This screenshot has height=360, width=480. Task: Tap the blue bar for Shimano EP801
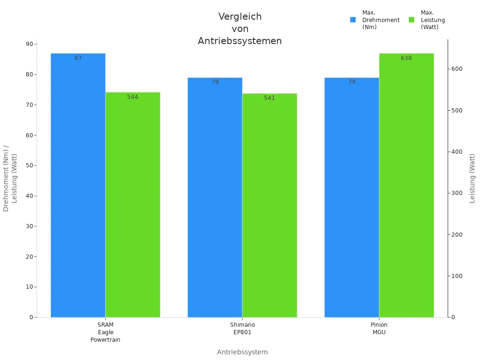click(215, 197)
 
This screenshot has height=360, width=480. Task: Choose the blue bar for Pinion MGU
click(352, 197)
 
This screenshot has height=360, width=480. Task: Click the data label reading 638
click(406, 58)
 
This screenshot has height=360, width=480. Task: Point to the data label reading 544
click(133, 97)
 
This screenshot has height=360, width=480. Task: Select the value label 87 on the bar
click(78, 58)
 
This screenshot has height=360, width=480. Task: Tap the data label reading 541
click(270, 98)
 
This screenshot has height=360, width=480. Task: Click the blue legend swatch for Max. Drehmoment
click(353, 20)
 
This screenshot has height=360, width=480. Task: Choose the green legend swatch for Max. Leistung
click(412, 20)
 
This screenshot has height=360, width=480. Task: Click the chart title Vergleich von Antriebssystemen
click(240, 29)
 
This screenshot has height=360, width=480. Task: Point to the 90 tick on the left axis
click(30, 44)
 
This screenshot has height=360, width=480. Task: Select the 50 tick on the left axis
click(30, 165)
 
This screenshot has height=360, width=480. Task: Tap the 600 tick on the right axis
click(457, 69)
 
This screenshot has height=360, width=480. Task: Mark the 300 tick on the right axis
click(457, 193)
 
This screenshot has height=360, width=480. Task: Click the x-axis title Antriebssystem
click(242, 352)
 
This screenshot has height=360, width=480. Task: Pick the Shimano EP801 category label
click(242, 329)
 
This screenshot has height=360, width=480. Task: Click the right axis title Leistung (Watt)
click(472, 178)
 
